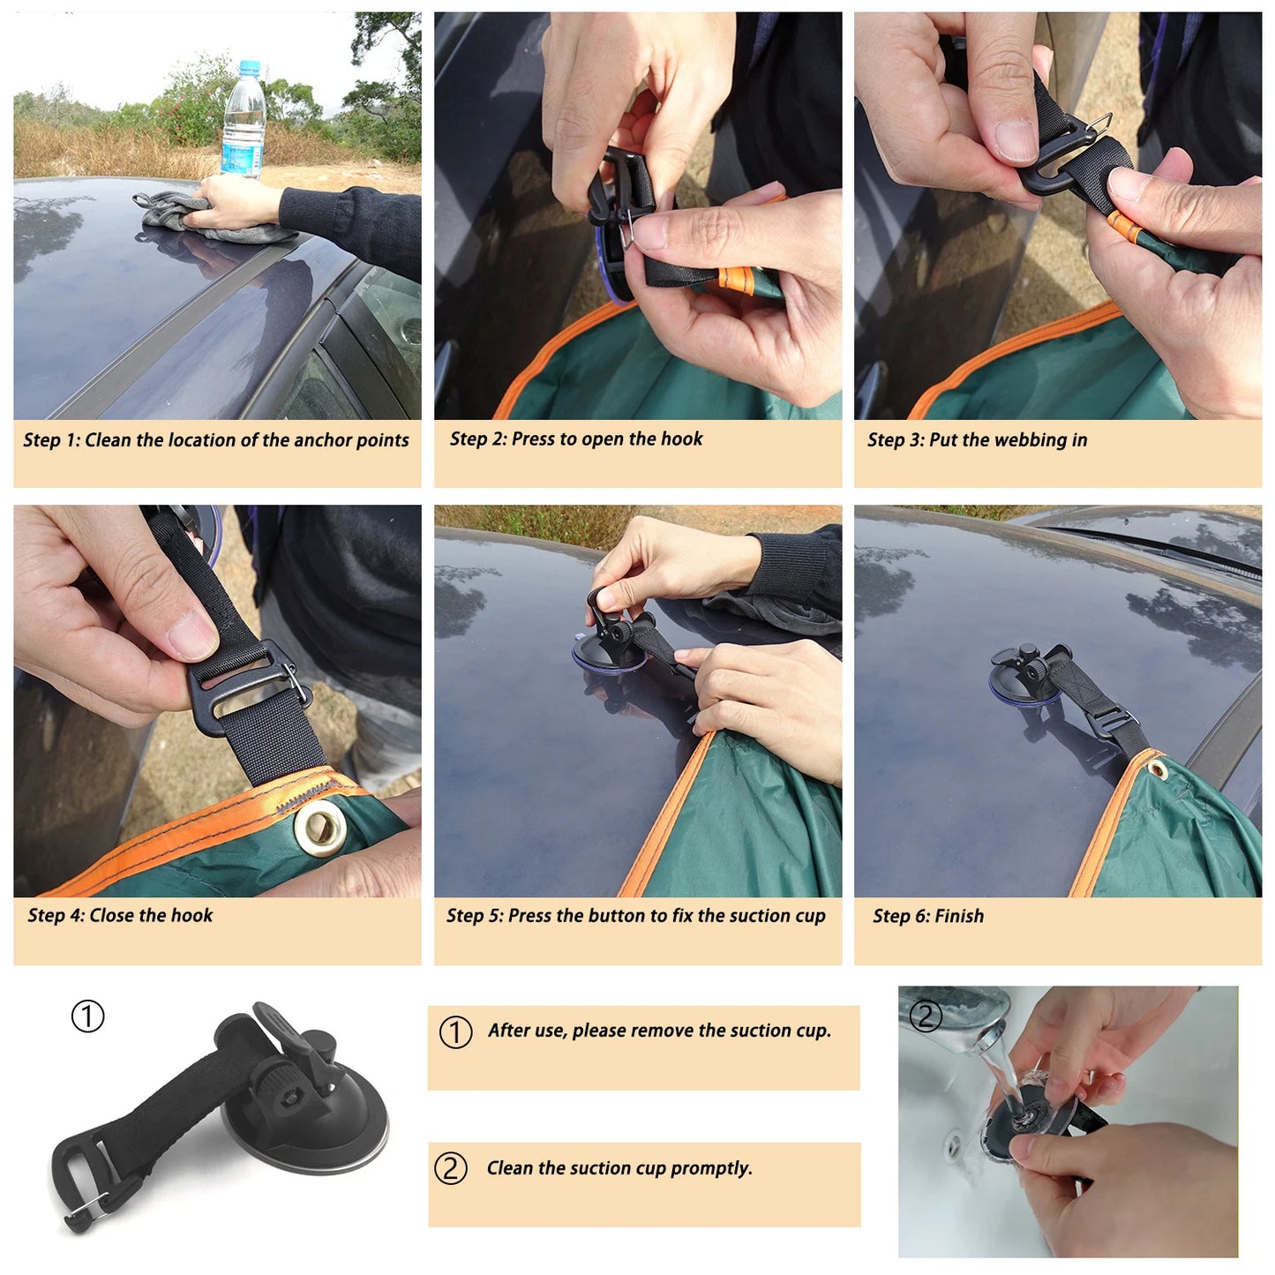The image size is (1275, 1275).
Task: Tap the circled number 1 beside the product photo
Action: point(87,1016)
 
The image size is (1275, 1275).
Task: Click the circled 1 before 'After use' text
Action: point(455,1031)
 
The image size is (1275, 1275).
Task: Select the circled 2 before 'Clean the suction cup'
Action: point(451,1169)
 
